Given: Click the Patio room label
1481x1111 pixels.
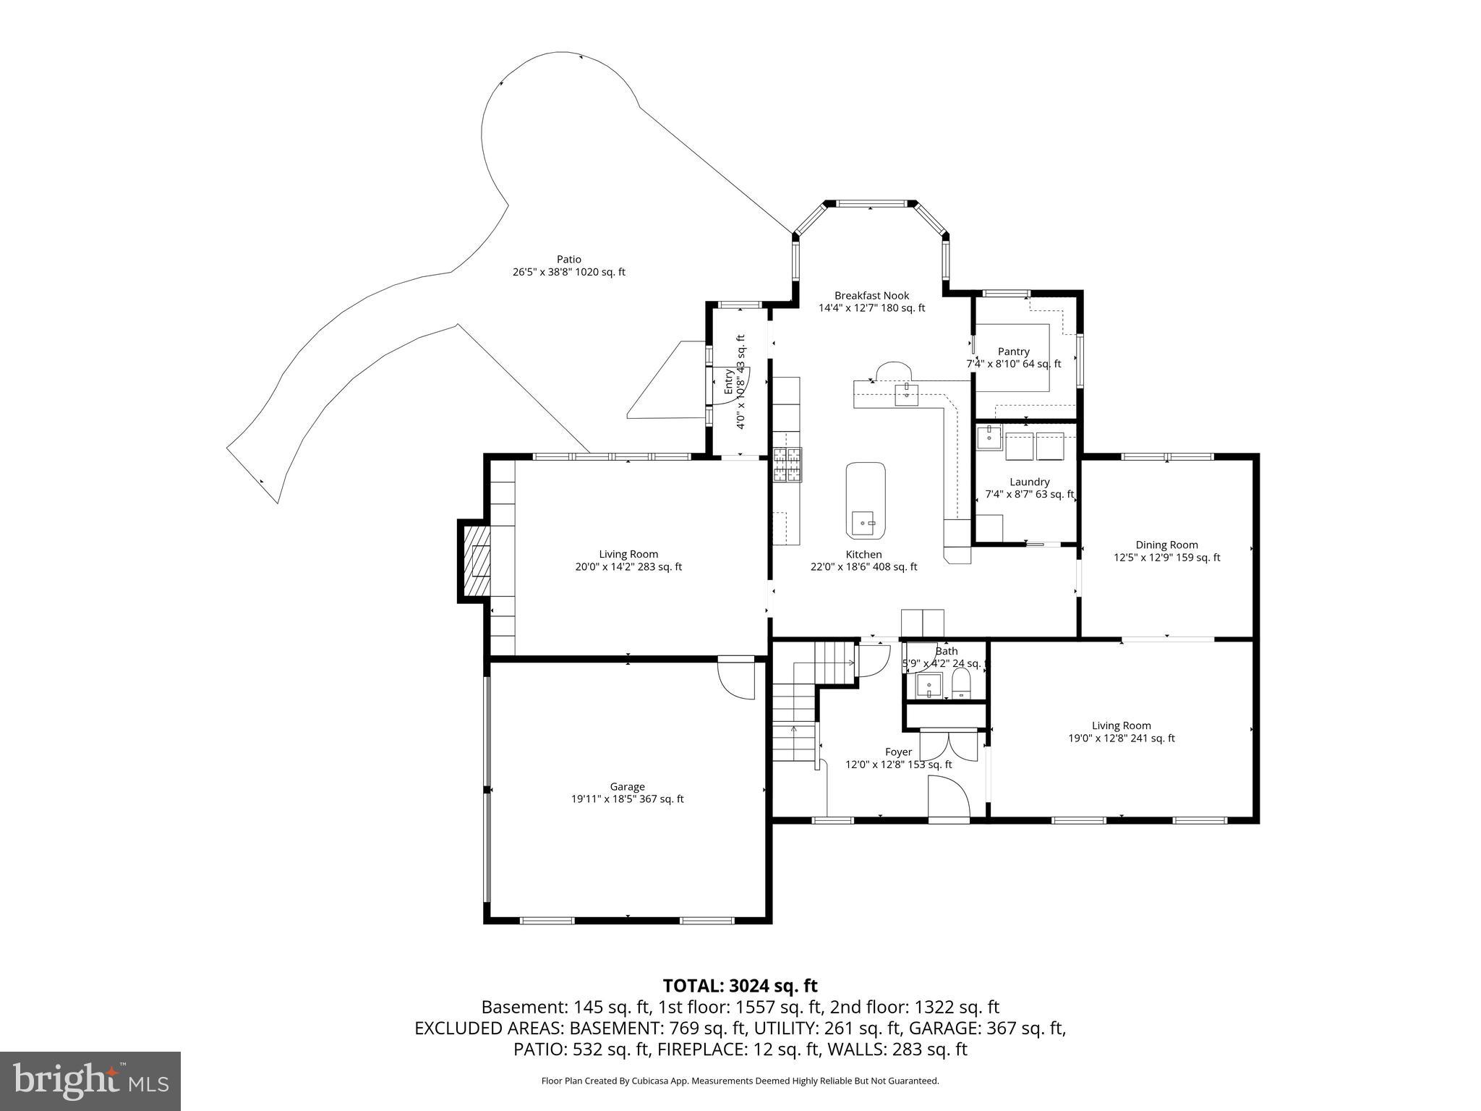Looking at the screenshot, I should (568, 260).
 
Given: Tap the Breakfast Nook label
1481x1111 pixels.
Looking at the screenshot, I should (871, 296).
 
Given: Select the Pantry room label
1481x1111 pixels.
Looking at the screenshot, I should (1013, 352).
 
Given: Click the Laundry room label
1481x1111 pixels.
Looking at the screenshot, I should (1029, 482).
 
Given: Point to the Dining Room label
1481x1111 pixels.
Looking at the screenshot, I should (1166, 545).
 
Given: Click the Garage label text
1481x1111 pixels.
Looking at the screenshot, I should (626, 786).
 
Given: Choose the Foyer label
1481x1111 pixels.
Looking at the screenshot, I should (898, 752).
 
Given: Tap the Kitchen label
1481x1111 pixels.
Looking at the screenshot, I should (863, 554).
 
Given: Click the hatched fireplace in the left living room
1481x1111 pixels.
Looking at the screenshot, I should (476, 561).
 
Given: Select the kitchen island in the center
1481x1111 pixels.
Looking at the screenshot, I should (866, 499).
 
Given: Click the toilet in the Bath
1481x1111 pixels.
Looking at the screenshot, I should (961, 683).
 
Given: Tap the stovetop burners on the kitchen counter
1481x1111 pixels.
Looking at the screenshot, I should (788, 464).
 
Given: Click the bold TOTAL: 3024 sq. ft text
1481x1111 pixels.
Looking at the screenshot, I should (740, 985).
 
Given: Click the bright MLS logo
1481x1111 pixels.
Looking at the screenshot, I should (90, 1081).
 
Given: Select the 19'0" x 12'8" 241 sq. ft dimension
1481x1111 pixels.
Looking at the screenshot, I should (1121, 738).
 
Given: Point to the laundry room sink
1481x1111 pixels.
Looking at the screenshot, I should (989, 437).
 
